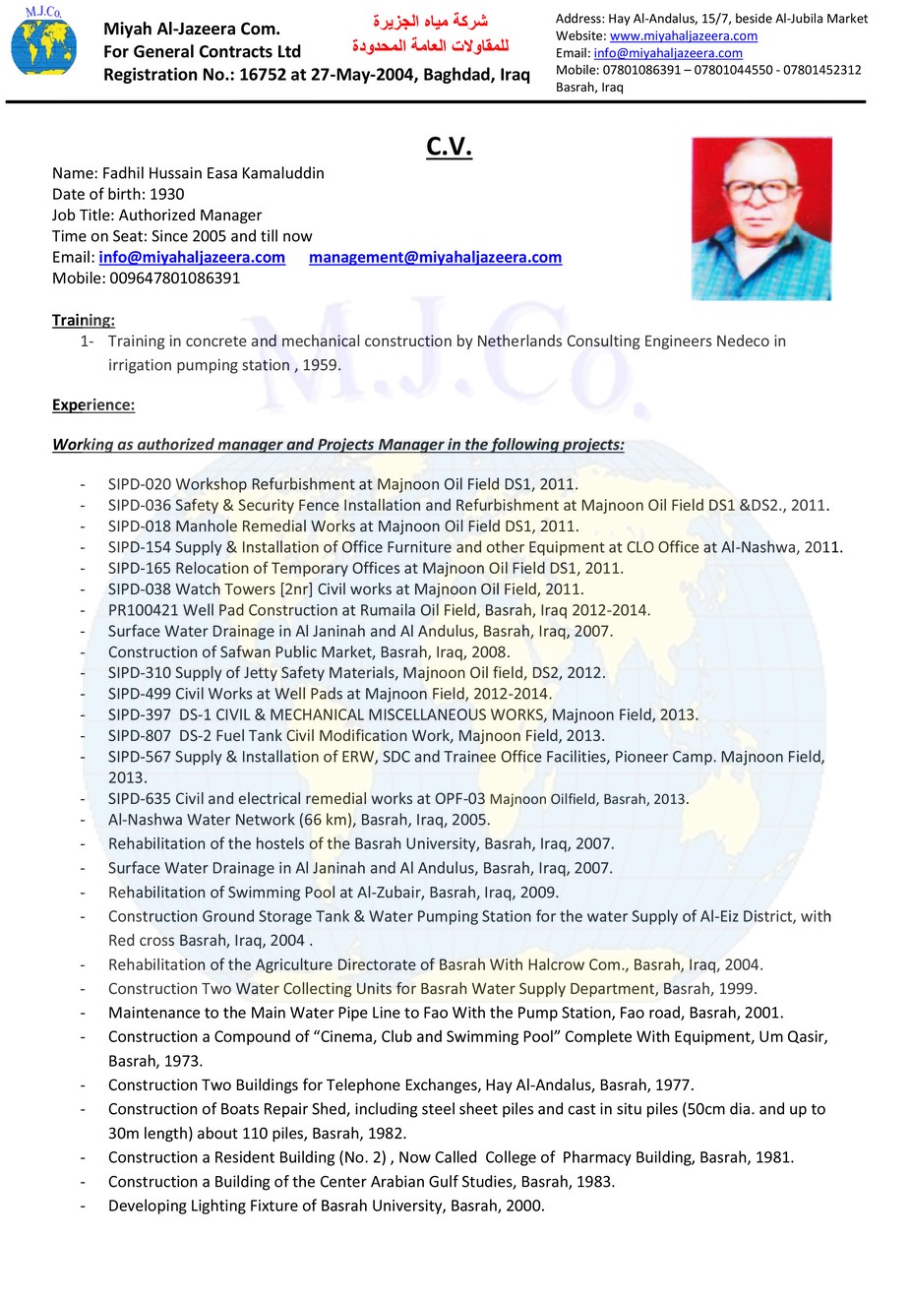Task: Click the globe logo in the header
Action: [42, 44]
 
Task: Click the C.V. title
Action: [450, 147]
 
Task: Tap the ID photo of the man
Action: [761, 218]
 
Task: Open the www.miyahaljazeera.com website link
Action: [684, 35]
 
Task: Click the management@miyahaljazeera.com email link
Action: [435, 257]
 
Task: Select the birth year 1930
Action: [167, 194]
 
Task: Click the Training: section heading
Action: [84, 320]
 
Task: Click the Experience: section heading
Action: [93, 404]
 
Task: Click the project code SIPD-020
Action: [140, 484]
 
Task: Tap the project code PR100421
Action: [144, 610]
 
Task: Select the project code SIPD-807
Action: [140, 735]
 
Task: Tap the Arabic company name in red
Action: [430, 32]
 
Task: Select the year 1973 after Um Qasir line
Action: [184, 1061]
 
